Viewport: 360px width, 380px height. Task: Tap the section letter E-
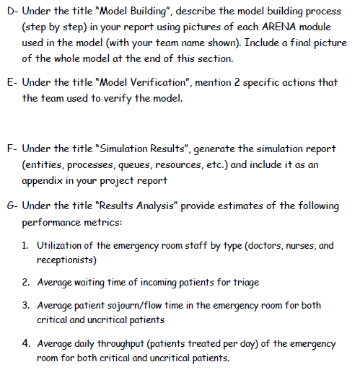(10, 83)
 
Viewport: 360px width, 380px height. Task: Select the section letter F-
(10, 149)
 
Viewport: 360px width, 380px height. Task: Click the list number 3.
(27, 304)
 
